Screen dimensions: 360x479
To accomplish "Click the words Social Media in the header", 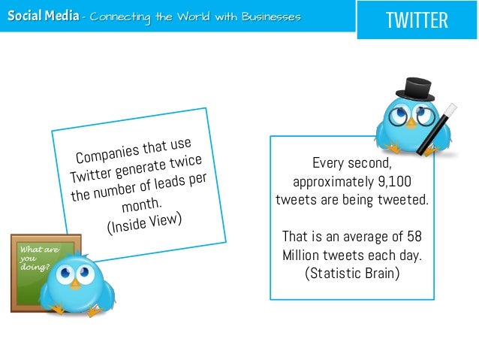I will pyautogui.click(x=41, y=16).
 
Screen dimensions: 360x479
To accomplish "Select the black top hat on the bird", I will pyautogui.click(x=414, y=89).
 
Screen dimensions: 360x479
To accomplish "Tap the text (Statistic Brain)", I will pyautogui.click(x=352, y=272).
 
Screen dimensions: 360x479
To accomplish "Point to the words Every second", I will pyautogui.click(x=352, y=162).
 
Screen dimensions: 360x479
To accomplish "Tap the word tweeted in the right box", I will pyautogui.click(x=402, y=199).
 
